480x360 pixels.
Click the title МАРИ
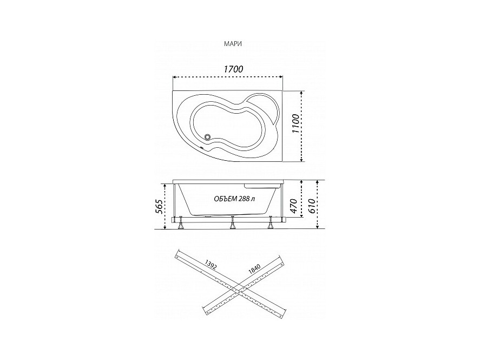[233, 44]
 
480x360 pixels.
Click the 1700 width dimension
[233, 69]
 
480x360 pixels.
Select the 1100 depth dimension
[295, 123]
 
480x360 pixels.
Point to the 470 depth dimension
[293, 206]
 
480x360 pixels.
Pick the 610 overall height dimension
[311, 206]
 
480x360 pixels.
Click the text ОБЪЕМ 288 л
[234, 199]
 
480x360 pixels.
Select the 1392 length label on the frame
[211, 265]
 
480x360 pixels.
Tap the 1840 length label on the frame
[254, 269]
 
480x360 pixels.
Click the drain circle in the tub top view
[208, 137]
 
